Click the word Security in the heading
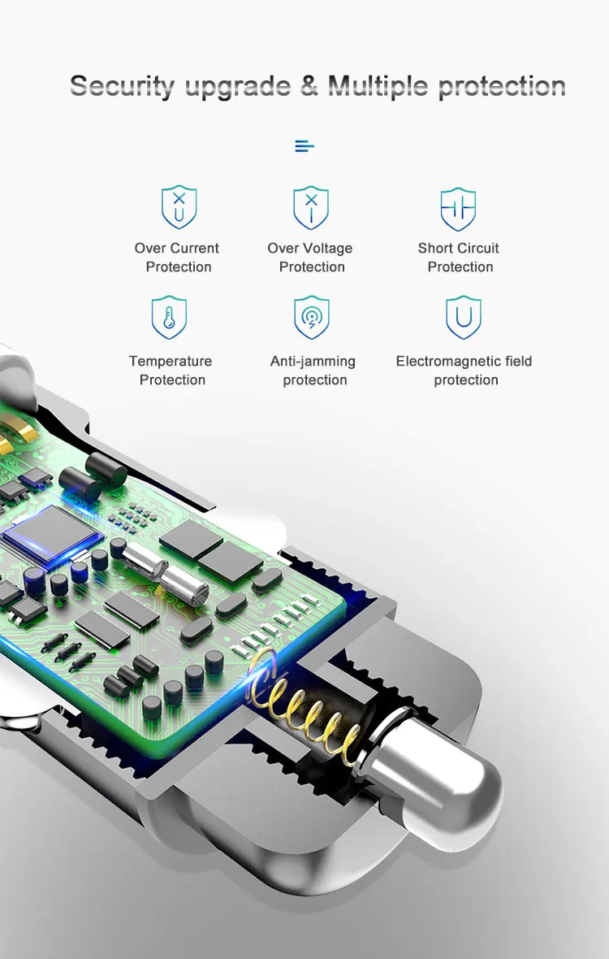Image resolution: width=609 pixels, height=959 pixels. coord(122,86)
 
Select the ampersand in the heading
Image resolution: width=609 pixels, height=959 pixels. coord(309,86)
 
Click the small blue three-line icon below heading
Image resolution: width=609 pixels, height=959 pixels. coord(304,146)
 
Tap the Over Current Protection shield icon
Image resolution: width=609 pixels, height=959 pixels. coord(179,207)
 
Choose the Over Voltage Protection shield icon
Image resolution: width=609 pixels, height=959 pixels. coord(311,207)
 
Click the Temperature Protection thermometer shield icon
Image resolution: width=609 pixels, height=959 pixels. coord(170,318)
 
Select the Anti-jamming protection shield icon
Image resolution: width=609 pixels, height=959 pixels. coord(311,318)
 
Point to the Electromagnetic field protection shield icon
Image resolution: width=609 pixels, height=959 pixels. coord(464,318)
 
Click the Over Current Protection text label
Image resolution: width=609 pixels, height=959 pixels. coord(177,258)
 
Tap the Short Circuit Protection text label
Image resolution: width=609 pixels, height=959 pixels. coord(459,258)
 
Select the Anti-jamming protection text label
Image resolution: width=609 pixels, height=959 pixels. coord(313,371)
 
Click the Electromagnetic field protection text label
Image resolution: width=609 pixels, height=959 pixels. coord(464,371)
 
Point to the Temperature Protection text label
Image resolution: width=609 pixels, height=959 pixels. coord(171,371)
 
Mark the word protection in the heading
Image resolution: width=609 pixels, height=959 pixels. coord(502,86)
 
